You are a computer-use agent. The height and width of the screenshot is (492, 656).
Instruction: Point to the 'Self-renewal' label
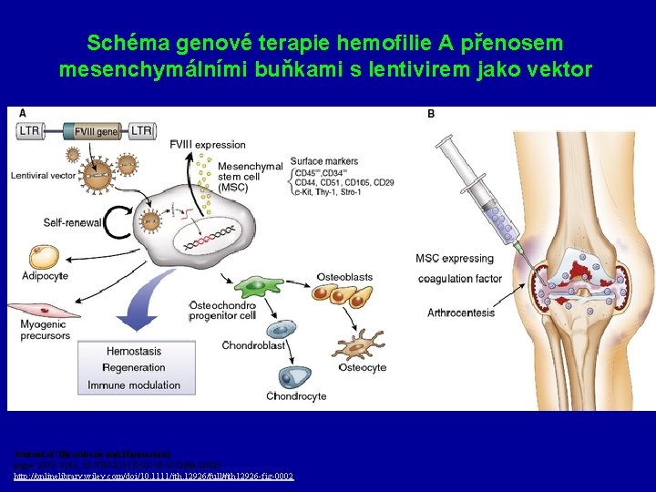[x=74, y=222]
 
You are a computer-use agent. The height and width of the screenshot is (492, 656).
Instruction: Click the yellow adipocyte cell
[x=43, y=257]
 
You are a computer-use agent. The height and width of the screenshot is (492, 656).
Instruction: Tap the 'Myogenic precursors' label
[x=45, y=329]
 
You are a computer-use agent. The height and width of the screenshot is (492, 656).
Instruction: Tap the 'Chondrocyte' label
[x=298, y=396]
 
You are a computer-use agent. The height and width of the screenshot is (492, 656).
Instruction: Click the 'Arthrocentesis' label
[x=461, y=313]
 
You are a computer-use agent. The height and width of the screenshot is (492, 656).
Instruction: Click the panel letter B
[x=431, y=114]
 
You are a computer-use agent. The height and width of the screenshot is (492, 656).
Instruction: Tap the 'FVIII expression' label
[x=208, y=144]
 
